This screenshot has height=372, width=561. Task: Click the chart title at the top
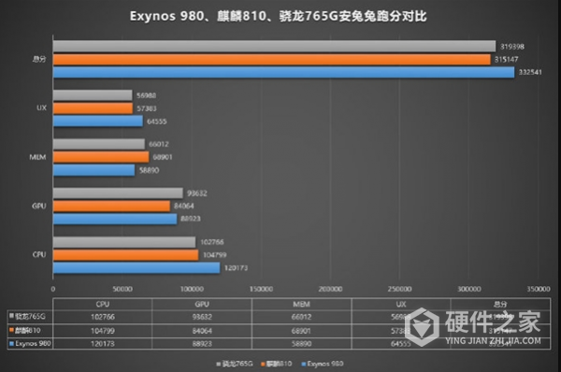tap(280, 17)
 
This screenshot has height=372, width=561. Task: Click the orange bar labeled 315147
tap(271, 59)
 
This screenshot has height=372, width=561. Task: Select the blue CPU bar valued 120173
tap(137, 267)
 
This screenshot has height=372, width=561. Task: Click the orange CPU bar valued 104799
tap(125, 254)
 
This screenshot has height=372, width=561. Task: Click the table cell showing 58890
tap(298, 344)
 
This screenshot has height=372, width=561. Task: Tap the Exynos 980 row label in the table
tap(30, 344)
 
